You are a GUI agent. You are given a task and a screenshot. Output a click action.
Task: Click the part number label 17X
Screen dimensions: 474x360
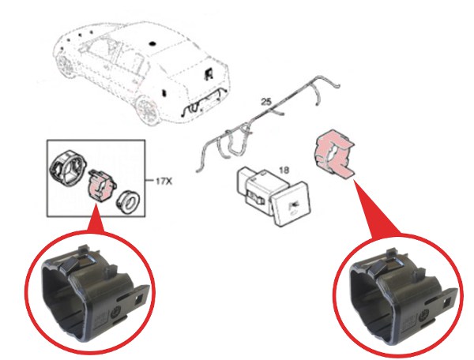point(164,182)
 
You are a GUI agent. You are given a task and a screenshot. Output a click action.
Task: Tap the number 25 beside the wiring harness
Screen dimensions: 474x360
point(266,102)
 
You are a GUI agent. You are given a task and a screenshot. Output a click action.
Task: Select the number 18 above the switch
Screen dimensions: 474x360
point(284,170)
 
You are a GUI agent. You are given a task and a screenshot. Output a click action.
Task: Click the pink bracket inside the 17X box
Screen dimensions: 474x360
point(101,186)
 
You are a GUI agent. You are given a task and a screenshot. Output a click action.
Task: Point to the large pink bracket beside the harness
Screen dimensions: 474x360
point(334,152)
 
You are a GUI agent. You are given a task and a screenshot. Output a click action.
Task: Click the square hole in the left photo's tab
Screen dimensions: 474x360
point(140,299)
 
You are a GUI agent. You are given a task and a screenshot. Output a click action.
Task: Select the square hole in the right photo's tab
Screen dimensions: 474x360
point(448,302)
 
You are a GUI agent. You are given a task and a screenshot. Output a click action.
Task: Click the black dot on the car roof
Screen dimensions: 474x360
point(153,43)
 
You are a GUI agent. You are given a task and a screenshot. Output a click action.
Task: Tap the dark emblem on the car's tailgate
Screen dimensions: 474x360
point(209,73)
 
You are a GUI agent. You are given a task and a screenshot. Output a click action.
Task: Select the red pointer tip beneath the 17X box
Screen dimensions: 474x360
point(96,203)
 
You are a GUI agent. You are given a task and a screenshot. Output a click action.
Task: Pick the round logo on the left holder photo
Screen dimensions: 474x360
point(117,313)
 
